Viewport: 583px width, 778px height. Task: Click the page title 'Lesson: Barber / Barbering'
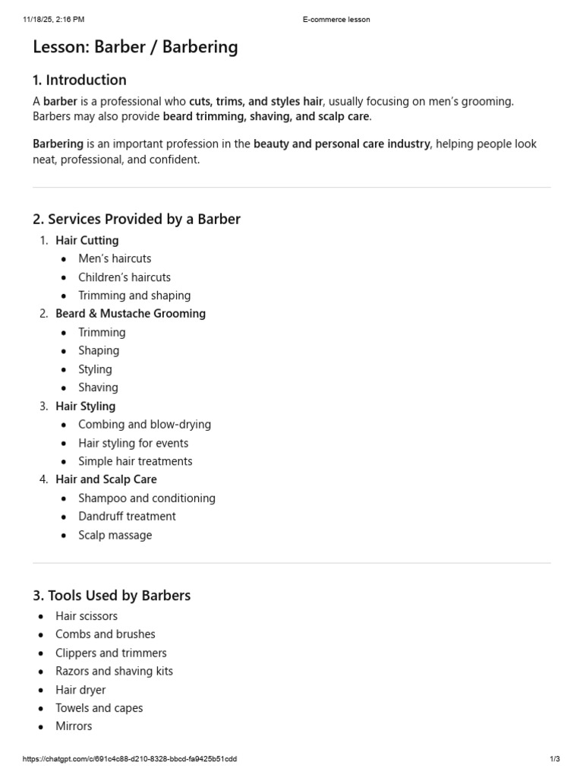tap(135, 47)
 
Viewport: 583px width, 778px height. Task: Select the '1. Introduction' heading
tap(80, 80)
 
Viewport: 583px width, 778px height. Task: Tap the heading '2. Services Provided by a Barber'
tap(137, 220)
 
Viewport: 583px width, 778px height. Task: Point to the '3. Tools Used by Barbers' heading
tap(112, 596)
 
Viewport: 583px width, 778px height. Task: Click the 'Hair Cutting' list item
tap(87, 240)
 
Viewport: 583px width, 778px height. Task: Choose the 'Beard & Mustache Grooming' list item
tap(131, 313)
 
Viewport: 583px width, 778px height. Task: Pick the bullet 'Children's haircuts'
tap(124, 277)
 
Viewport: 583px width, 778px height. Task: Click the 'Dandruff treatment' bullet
tap(127, 516)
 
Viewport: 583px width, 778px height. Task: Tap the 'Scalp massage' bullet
tap(115, 535)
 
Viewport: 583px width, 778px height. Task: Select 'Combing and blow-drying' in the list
tap(144, 424)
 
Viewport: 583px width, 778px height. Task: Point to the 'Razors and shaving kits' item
tap(114, 671)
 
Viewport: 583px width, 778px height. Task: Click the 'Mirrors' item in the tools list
tap(74, 726)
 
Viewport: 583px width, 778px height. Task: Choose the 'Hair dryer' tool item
tap(80, 690)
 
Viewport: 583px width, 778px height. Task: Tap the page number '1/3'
tap(555, 759)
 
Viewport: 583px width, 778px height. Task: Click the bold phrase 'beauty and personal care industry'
tap(342, 144)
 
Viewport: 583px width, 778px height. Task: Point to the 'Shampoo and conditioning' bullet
tap(147, 498)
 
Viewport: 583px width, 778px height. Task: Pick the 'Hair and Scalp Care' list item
tap(106, 479)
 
